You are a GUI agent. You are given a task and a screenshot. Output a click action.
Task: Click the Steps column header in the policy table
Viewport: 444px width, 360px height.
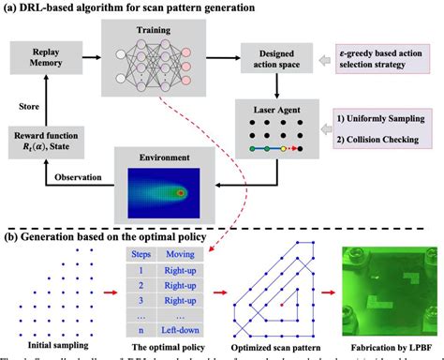(x=139, y=255)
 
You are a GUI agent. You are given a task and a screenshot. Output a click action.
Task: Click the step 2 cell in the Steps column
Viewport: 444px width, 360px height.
(x=139, y=285)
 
